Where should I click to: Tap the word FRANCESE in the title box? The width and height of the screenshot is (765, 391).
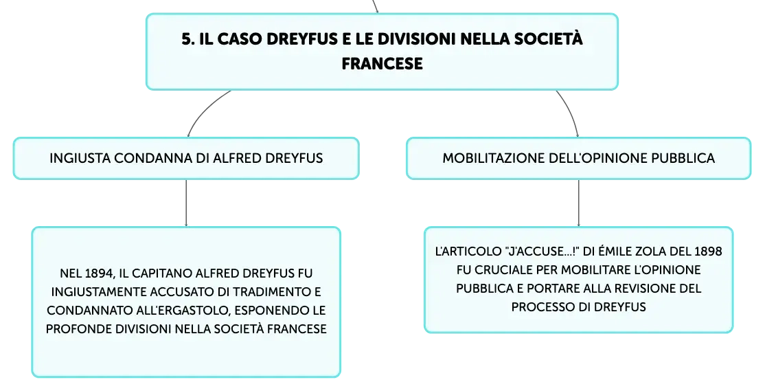pos(382,64)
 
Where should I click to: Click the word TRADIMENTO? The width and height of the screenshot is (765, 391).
pos(270,291)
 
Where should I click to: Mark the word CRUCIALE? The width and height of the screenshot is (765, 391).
pos(503,269)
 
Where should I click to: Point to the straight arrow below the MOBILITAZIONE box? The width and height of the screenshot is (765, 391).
pos(579,203)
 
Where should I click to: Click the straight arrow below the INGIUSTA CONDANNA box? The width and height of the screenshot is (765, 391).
pos(186,203)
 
